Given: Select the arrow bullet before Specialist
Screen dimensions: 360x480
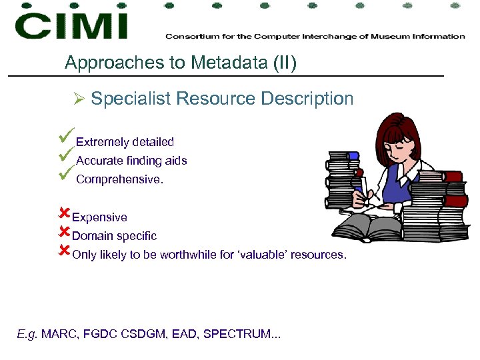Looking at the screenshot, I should click(78, 99).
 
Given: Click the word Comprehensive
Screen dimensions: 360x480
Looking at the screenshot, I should click(119, 179).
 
